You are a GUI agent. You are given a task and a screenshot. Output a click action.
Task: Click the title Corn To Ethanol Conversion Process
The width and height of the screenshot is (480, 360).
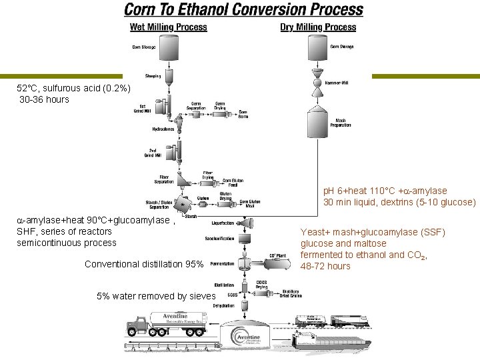point(243,10)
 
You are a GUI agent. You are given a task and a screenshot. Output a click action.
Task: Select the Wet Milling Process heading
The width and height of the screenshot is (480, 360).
point(168,27)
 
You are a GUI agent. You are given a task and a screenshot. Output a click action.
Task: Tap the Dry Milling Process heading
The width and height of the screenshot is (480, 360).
point(318,27)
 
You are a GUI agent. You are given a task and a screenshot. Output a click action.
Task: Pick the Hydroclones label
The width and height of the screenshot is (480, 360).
point(163,129)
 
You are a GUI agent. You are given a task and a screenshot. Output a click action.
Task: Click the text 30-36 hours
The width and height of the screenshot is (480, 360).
point(44,99)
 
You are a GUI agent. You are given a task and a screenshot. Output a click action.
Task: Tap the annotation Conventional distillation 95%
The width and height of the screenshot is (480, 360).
point(144,264)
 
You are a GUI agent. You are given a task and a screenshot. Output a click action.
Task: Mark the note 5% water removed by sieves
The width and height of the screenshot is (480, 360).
point(156,296)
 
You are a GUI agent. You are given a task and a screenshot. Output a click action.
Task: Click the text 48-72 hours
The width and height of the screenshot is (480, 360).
point(325,266)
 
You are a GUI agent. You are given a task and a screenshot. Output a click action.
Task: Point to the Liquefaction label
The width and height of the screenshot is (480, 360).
point(222,223)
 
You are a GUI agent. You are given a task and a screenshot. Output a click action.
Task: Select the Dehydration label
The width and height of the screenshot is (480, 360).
point(223,305)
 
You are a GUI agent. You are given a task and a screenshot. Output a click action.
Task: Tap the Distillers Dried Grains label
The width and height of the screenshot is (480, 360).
point(291,294)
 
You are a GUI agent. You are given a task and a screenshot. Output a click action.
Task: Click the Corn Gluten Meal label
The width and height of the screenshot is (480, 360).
point(250,203)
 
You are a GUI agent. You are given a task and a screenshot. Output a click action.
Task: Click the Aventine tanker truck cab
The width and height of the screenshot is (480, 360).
point(134,323)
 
